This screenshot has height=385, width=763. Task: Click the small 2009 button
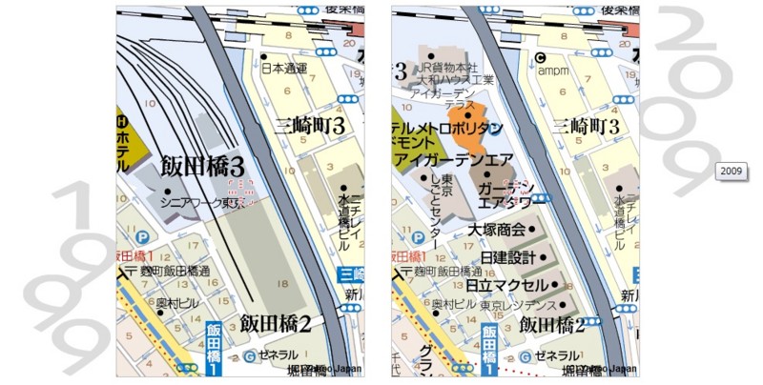click(x=732, y=171)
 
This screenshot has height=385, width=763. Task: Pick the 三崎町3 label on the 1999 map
click(x=310, y=125)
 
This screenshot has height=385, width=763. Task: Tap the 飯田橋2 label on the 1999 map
click(x=277, y=323)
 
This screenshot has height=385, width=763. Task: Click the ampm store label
click(x=554, y=69)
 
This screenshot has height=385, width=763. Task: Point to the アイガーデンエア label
click(x=462, y=159)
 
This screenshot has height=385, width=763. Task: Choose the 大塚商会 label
click(x=496, y=230)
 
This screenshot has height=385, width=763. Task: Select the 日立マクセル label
click(x=507, y=285)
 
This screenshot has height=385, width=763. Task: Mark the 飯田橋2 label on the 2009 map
click(x=552, y=324)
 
